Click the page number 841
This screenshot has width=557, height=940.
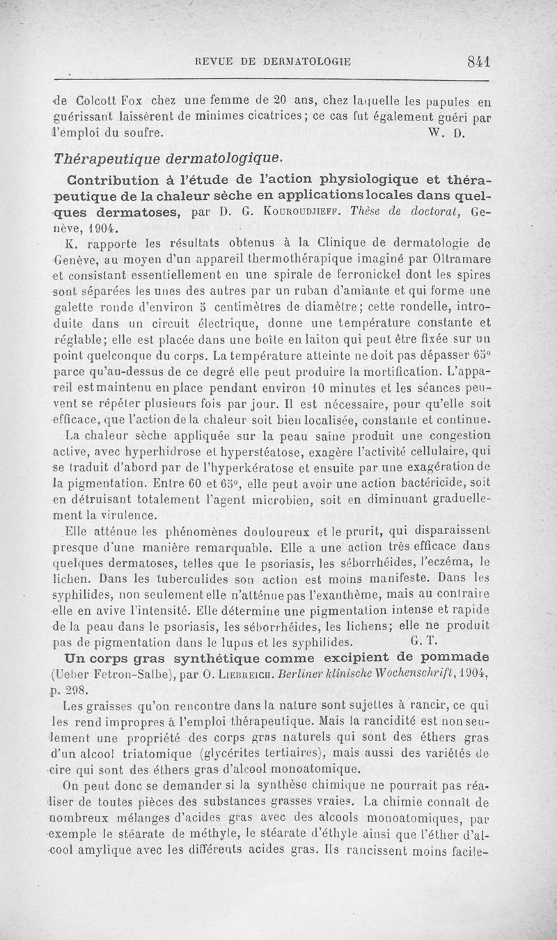(480, 61)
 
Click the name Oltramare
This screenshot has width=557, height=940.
(463, 258)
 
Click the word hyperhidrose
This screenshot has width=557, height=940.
(164, 453)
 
